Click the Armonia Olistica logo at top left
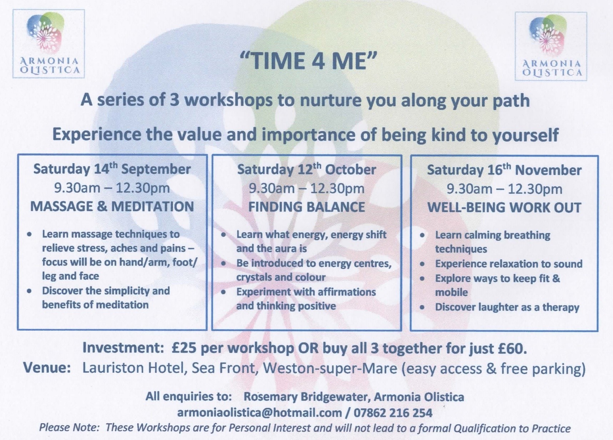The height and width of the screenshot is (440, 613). point(49,44)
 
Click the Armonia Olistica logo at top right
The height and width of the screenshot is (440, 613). point(551,46)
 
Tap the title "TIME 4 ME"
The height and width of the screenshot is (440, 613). point(309,61)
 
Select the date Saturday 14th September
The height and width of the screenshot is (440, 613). point(112,169)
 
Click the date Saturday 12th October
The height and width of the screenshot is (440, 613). point(307,170)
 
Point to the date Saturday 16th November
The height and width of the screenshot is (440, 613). point(504,170)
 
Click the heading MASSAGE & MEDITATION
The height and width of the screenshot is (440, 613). point(112,206)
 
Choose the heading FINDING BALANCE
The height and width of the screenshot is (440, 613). point(307,207)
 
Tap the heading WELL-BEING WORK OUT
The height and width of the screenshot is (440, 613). point(504,207)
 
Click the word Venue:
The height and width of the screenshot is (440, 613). point(47,368)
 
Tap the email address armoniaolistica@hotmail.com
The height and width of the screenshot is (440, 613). point(260,413)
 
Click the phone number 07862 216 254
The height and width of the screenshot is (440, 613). point(393,413)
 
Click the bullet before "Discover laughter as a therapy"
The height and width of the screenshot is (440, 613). point(422,307)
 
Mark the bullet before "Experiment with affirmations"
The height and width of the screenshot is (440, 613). point(224,292)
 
